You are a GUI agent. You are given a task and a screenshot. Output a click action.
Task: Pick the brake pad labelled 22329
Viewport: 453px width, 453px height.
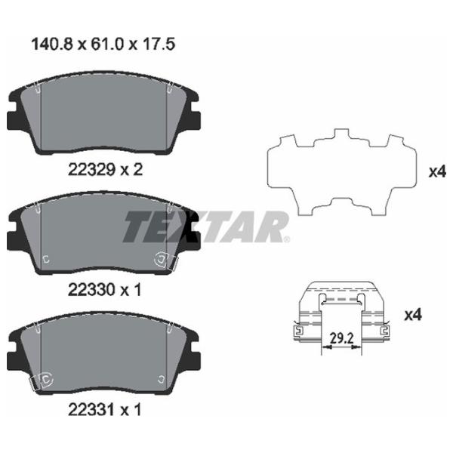[x=104, y=116]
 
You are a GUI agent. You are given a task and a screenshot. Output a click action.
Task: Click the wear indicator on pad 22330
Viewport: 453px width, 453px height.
[x=164, y=260]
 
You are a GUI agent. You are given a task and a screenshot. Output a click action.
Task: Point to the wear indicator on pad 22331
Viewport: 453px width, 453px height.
[x=40, y=381]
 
